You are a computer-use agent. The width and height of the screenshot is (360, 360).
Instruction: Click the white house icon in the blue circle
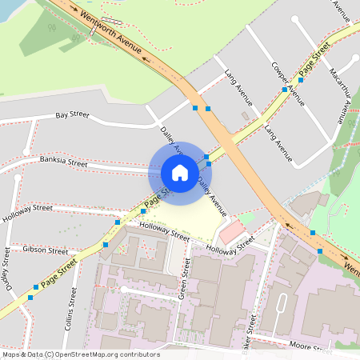coord(179,172)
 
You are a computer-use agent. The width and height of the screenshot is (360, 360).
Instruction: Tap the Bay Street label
coord(72,115)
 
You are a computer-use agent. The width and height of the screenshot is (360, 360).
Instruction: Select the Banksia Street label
coord(63,162)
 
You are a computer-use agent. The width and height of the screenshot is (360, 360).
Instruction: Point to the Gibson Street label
coord(46,250)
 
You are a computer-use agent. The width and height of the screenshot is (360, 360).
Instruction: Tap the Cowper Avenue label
coord(288,83)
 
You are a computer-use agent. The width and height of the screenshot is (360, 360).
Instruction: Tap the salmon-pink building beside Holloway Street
coord(231,233)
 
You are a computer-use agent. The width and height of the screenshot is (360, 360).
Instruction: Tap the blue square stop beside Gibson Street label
coord(105,244)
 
